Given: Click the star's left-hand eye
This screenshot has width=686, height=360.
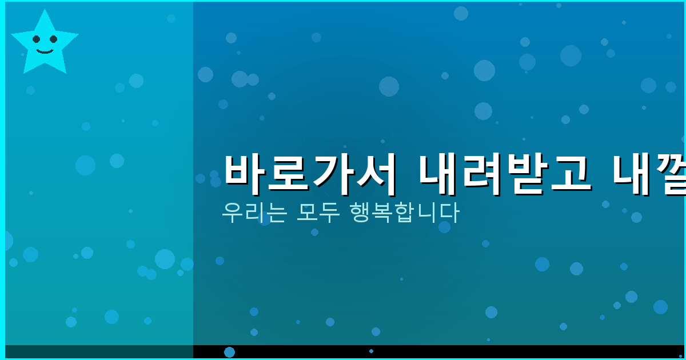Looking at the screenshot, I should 37,39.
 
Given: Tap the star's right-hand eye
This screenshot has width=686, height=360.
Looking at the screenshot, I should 53,39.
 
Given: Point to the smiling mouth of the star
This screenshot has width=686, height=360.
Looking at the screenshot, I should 45,51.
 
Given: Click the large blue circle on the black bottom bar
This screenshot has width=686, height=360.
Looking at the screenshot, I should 229,352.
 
